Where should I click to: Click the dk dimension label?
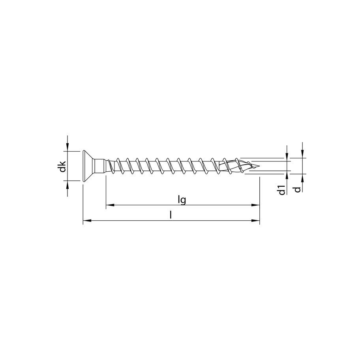62,167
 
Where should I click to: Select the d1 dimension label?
282,190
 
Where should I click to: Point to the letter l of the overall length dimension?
171,215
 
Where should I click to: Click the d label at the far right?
298,189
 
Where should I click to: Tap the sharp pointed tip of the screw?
259,166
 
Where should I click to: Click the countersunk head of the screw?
88,166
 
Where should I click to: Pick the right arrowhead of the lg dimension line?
255,205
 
